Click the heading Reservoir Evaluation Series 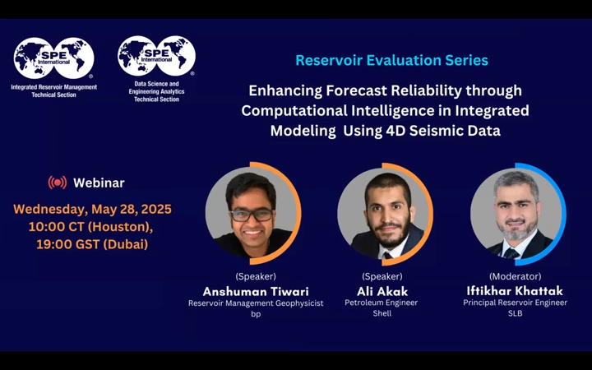[391, 60]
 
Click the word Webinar [99, 183]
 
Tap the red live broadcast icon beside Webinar [57, 183]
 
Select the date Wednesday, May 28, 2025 [92, 209]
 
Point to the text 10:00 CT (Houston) [90, 226]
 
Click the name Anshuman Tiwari [255, 291]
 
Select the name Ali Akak [382, 291]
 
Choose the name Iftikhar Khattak [515, 291]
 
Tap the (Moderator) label [515, 276]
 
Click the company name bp [255, 313]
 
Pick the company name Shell [382, 313]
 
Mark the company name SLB [515, 313]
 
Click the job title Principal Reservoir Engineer [515, 303]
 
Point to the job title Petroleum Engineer [382, 303]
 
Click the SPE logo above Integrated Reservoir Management [53, 58]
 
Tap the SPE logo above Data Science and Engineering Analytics [156, 56]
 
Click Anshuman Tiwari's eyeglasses [252, 215]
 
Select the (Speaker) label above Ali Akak [382, 276]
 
